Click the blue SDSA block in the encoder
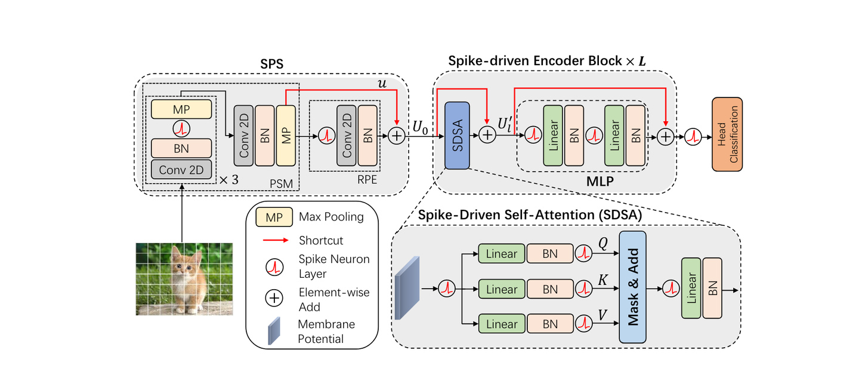[x=457, y=136]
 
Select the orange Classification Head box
[x=727, y=135]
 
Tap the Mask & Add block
[x=632, y=287]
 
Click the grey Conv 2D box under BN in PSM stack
[x=181, y=170]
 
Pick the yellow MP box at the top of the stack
[x=181, y=109]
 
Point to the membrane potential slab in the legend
[x=274, y=330]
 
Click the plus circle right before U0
[x=397, y=136]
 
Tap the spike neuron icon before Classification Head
[x=693, y=136]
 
